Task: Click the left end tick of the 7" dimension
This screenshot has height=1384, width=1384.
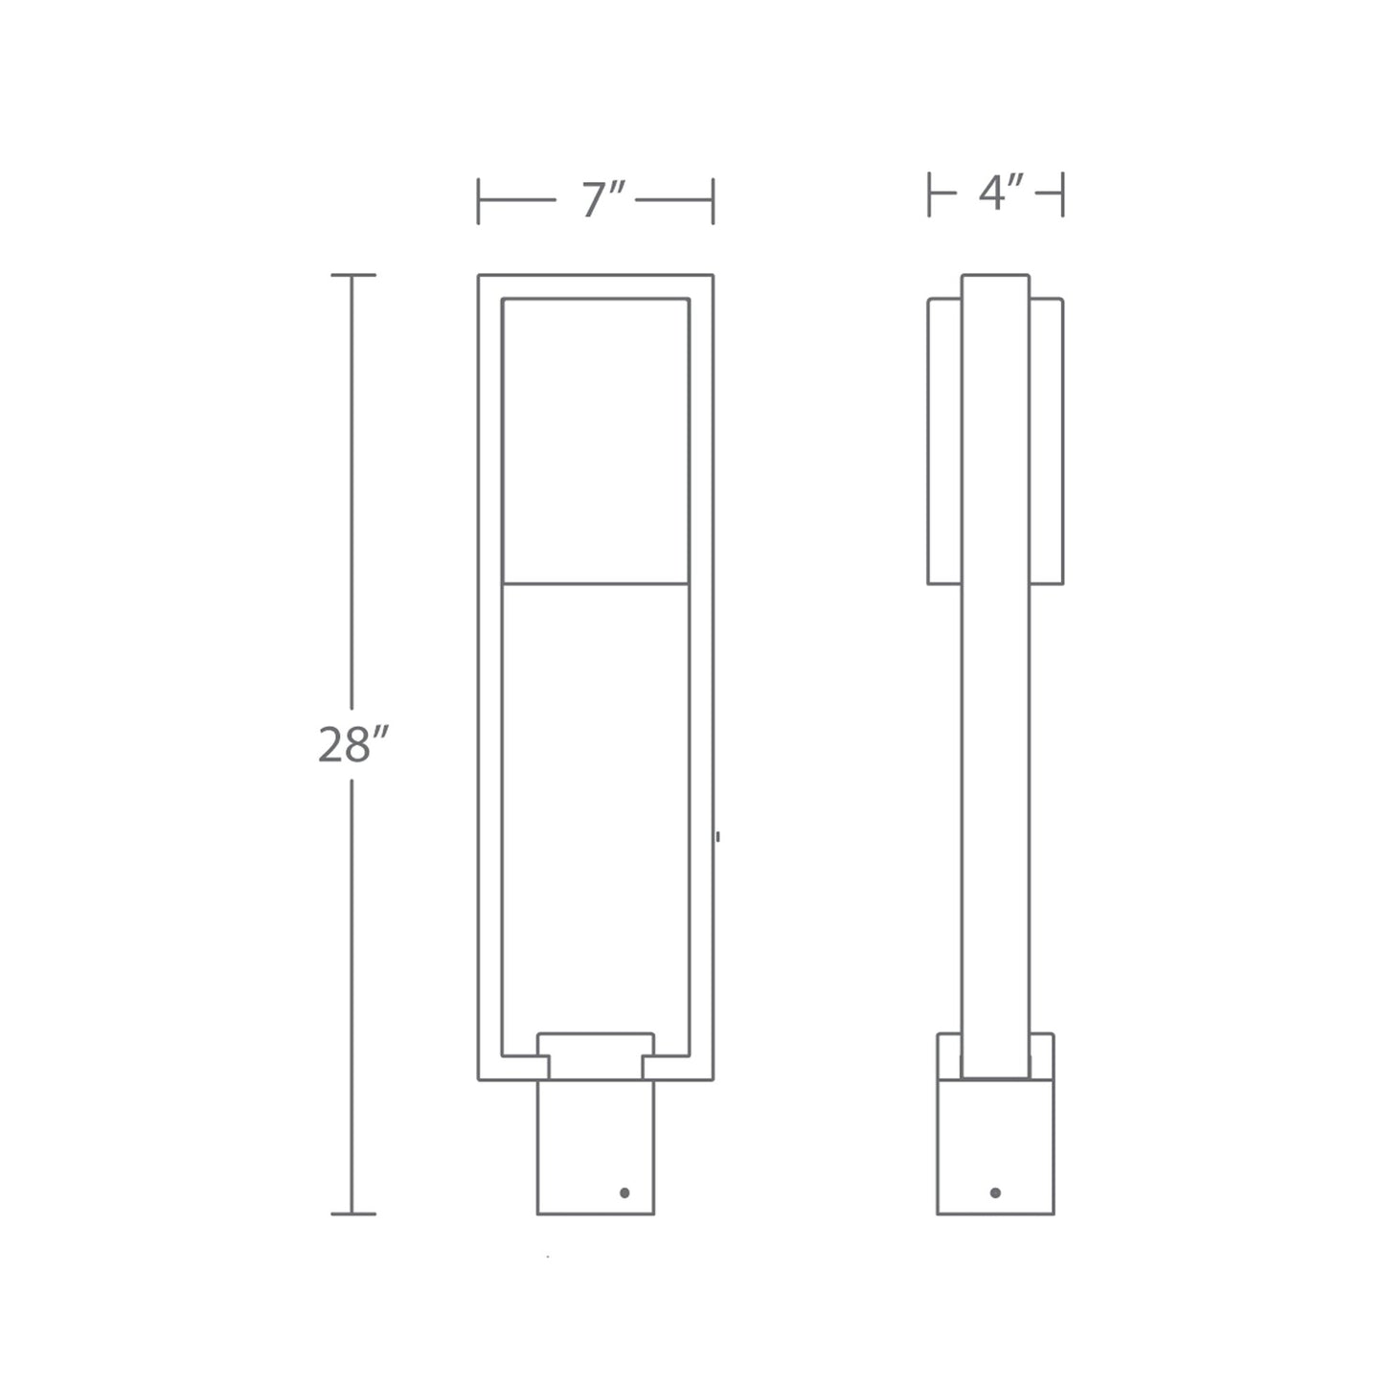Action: point(479,201)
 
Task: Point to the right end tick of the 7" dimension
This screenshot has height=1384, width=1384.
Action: point(714,201)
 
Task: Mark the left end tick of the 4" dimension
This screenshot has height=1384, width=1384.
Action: point(929,194)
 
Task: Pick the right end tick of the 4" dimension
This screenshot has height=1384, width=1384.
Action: point(1063,194)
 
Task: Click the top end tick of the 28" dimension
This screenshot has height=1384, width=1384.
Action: point(352,276)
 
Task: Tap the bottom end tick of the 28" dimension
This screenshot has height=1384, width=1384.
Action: point(352,1214)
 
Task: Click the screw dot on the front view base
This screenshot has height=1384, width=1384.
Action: point(624,1192)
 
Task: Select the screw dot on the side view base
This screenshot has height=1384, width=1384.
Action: point(995,1192)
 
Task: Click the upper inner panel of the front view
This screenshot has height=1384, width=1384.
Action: point(595,441)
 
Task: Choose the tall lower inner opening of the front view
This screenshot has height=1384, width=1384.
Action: point(595,805)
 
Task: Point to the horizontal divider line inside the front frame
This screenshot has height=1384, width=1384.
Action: point(595,583)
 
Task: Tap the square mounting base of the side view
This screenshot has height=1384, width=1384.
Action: point(995,1145)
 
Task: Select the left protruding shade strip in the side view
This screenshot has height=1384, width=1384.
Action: point(944,441)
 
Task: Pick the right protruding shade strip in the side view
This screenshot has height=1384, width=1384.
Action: point(1047,441)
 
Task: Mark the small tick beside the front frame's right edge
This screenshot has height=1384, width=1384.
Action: point(717,837)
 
